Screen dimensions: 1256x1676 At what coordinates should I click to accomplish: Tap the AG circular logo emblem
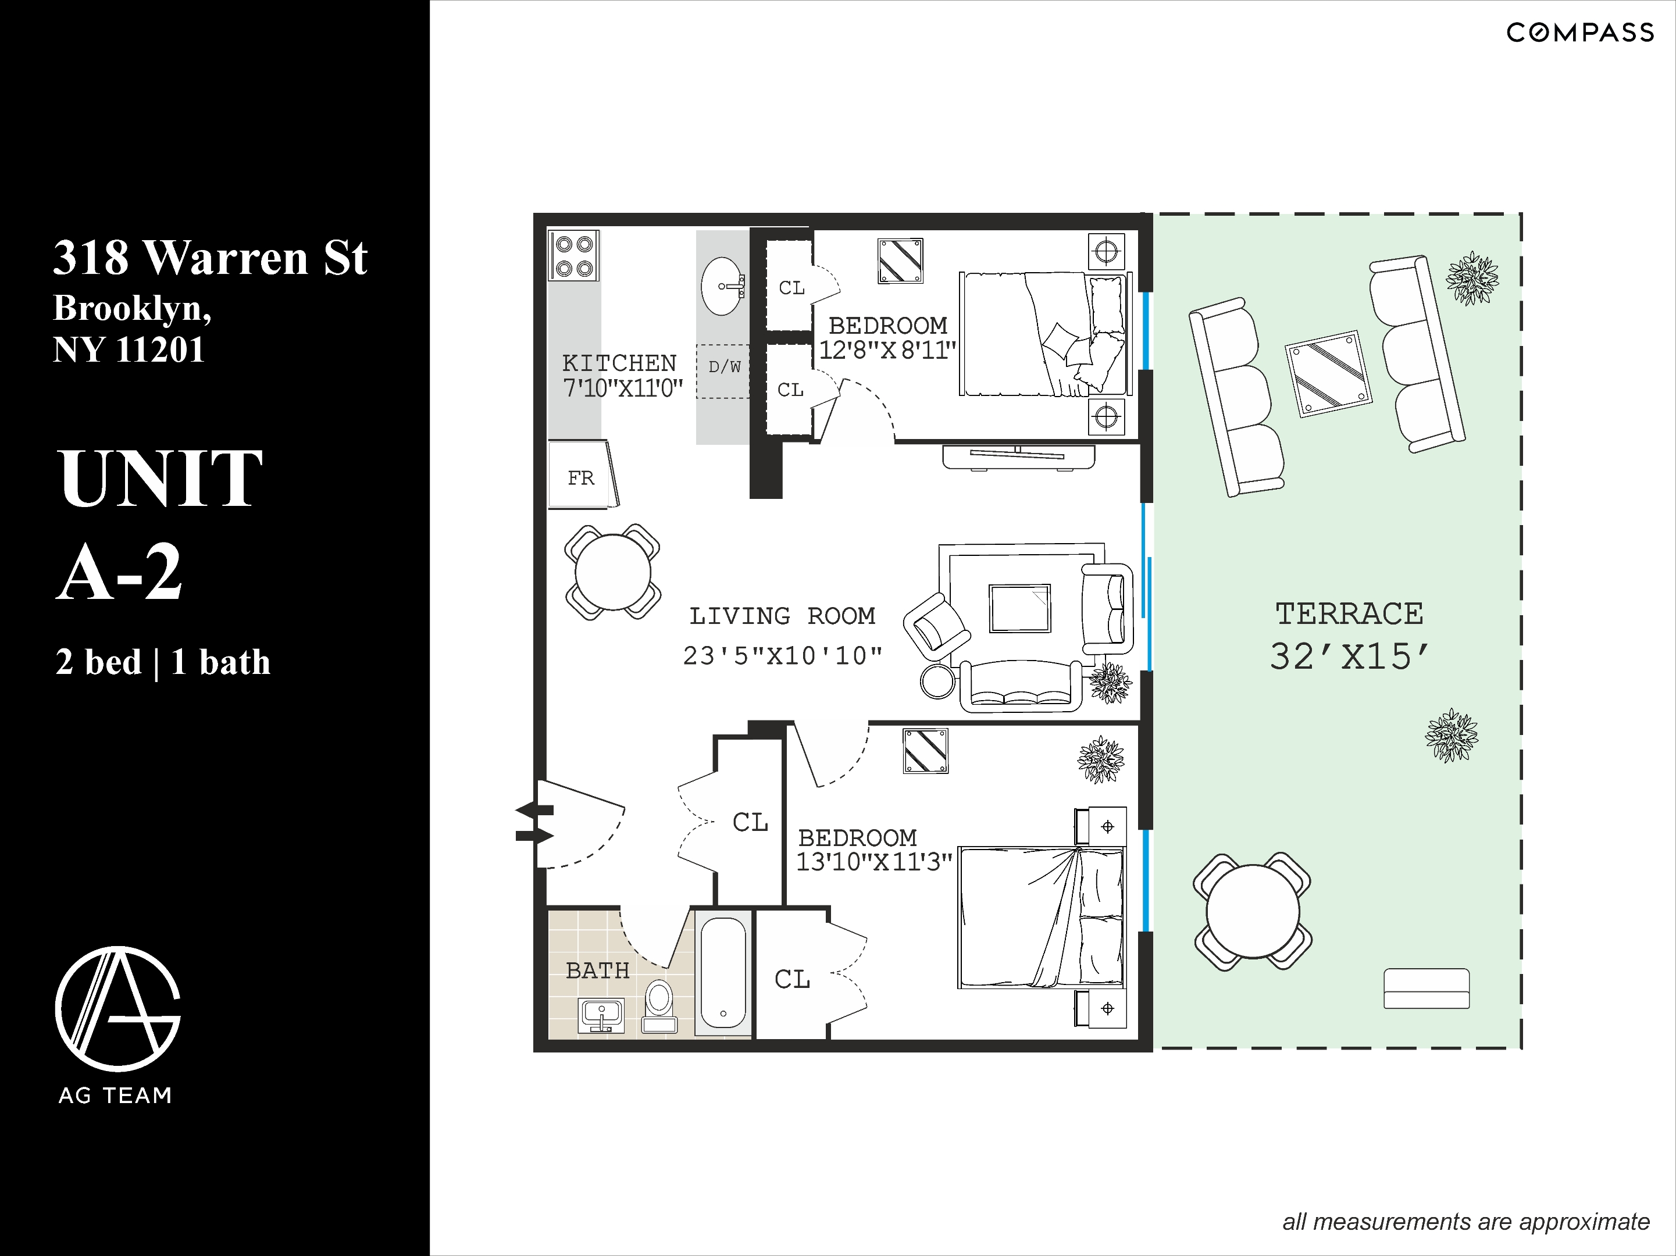click(118, 1008)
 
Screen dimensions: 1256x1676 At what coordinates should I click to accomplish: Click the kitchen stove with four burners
click(573, 256)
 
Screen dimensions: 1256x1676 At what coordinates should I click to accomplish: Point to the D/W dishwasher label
click(723, 367)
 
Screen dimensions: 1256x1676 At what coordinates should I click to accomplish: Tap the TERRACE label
click(1349, 613)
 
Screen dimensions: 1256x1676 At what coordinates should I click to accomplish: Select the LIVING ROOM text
click(782, 616)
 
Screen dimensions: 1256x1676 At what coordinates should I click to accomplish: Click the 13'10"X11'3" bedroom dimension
click(873, 862)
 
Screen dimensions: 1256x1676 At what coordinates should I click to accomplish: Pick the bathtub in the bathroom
click(723, 973)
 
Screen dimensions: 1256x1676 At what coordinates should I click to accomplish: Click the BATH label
click(597, 970)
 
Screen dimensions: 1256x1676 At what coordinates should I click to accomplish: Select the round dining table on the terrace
click(1253, 911)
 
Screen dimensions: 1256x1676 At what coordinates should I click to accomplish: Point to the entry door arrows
click(535, 823)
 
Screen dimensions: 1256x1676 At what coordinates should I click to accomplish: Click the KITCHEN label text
click(619, 363)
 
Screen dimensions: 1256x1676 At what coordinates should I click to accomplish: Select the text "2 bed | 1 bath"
click(162, 662)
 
